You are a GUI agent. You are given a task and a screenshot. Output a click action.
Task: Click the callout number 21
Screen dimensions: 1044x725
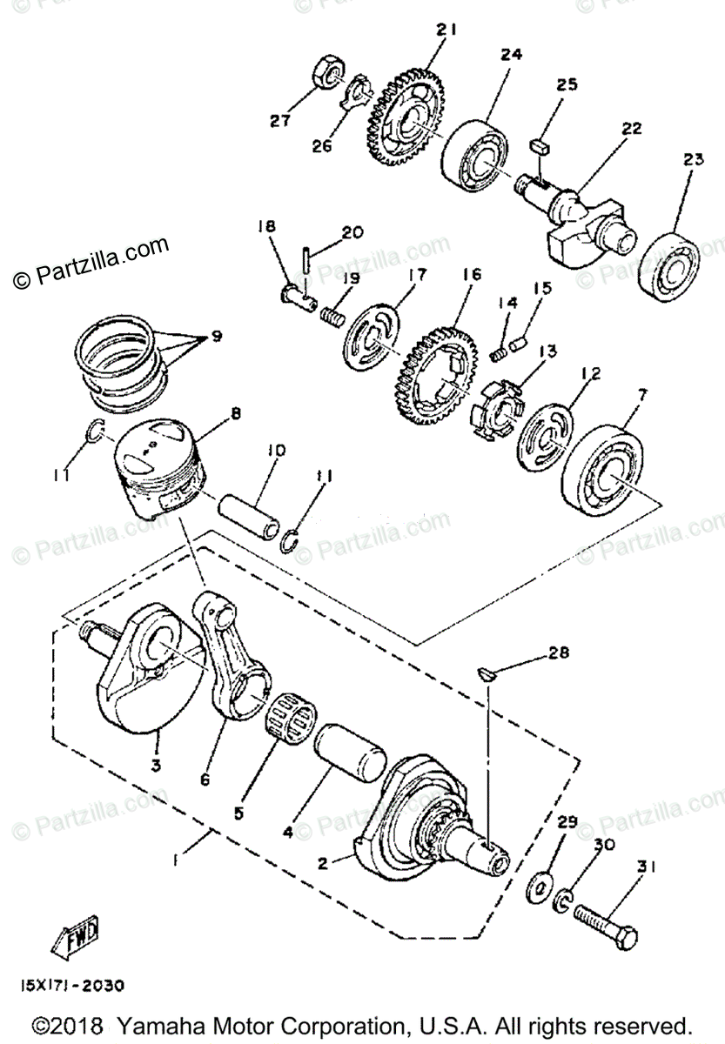coord(446,30)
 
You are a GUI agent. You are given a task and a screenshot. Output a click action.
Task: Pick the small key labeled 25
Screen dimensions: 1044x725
coord(540,146)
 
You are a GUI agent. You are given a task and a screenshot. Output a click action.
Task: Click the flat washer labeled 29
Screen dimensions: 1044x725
coord(540,888)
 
